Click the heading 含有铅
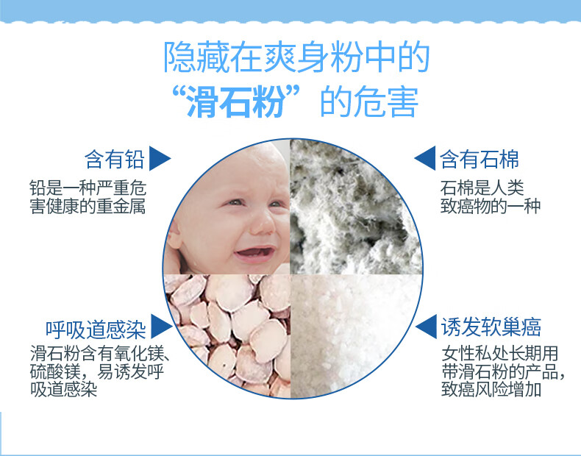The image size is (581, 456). pos(114,160)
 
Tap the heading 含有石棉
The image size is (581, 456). pos(479,160)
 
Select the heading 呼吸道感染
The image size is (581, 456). pos(95,329)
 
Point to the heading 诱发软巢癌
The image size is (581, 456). pos(491,327)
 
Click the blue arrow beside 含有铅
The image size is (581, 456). pos(159,159)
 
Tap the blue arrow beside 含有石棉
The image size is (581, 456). pos(426,158)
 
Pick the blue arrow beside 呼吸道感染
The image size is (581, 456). pos(160,327)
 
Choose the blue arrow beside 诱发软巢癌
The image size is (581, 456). pos(427,327)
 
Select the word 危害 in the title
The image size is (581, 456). pos(386,101)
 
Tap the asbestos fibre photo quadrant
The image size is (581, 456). pos(356,207)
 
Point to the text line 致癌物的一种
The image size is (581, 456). pos(491,206)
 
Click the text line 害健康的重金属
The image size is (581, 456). pos(88,207)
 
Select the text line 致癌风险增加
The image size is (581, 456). pos(491,389)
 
